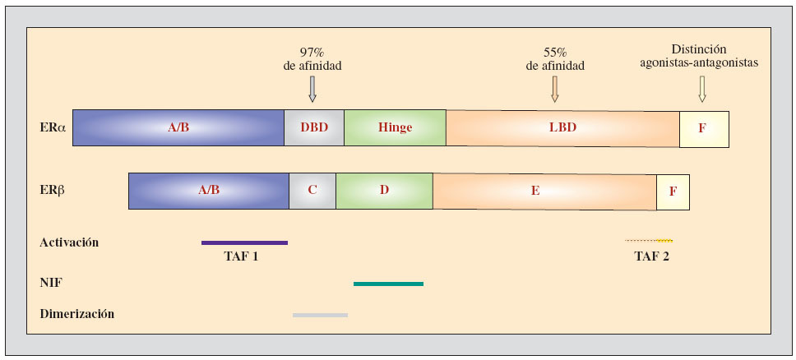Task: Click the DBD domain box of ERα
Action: coord(313,127)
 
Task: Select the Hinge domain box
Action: coord(395,127)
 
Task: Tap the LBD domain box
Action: coord(562,128)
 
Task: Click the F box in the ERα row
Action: coord(704,129)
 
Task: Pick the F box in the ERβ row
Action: coord(673,192)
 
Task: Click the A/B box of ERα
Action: coord(178,127)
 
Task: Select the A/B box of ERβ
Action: coord(209,190)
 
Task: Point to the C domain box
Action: coord(312,190)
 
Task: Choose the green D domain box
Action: coord(384,190)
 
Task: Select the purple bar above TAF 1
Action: coord(244,242)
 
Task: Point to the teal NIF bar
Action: coord(388,284)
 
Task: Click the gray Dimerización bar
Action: coord(320,315)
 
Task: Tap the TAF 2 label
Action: coord(651,256)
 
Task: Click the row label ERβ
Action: coord(52,190)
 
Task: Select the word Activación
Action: coord(69,242)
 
